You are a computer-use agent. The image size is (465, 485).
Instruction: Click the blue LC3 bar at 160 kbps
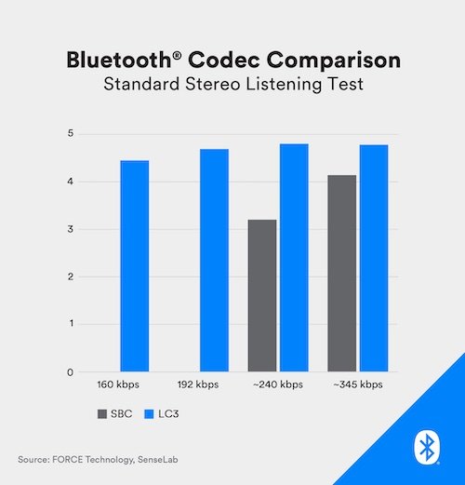click(134, 266)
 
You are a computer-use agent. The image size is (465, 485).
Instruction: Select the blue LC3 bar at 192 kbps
click(214, 261)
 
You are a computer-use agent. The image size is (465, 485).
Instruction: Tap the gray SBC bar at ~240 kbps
click(262, 296)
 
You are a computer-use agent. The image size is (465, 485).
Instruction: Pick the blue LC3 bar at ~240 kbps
click(294, 258)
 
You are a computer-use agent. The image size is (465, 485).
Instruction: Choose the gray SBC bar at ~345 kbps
click(342, 274)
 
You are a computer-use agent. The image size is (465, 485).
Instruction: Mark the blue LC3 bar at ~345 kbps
click(374, 259)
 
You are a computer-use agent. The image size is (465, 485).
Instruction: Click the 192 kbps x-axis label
click(198, 384)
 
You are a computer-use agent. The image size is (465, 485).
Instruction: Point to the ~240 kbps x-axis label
click(277, 384)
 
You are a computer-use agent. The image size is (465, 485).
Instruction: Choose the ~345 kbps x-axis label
click(358, 384)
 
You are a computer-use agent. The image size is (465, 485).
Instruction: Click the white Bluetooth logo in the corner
click(428, 448)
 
